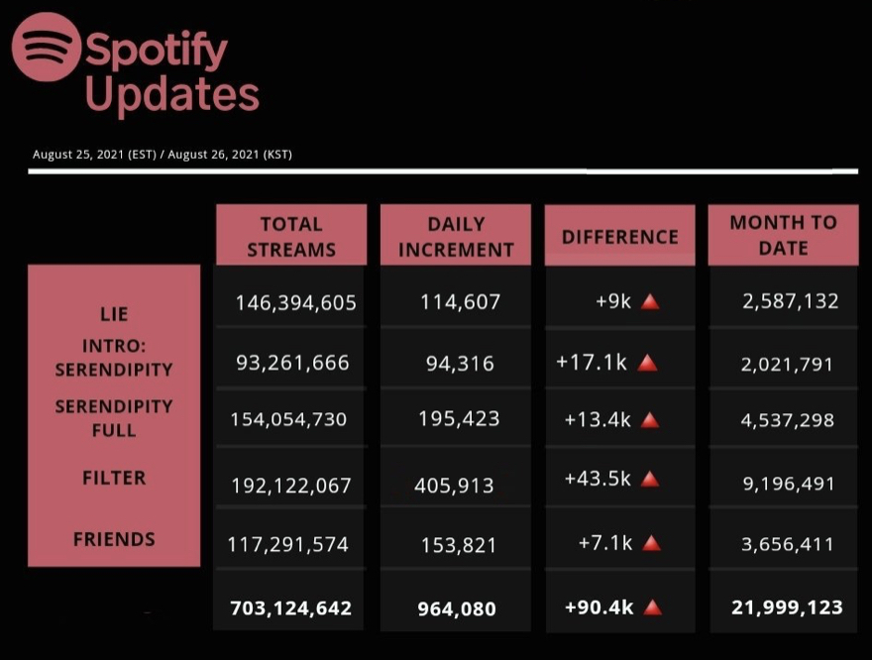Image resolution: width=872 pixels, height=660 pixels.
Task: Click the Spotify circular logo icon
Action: (x=46, y=47)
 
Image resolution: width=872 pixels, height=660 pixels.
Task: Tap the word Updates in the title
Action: (x=171, y=95)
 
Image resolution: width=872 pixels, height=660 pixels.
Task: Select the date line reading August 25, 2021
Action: (x=162, y=155)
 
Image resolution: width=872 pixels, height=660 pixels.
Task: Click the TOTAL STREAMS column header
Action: (x=291, y=237)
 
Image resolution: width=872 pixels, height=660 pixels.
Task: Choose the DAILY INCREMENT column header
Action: (x=456, y=237)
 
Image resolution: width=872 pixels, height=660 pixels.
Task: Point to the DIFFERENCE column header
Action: (x=620, y=237)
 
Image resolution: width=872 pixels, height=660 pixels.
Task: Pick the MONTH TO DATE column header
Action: (x=783, y=235)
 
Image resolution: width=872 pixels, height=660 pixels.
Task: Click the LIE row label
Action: (x=114, y=315)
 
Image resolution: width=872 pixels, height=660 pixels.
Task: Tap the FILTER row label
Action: (x=114, y=478)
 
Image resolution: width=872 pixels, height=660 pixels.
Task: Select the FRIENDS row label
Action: (x=114, y=540)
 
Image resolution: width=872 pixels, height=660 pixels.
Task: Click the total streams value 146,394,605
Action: (x=295, y=302)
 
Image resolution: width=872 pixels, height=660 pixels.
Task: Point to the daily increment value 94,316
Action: (x=460, y=363)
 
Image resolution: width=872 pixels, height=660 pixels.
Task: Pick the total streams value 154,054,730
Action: (x=288, y=419)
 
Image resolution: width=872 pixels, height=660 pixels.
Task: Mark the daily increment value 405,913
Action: (x=454, y=486)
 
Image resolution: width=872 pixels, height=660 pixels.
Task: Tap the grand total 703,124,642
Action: (x=290, y=607)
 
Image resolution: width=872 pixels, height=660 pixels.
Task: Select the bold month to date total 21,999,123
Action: (x=787, y=606)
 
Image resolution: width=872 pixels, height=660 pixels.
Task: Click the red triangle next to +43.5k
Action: (x=650, y=480)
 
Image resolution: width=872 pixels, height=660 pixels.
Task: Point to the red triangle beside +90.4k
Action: (x=652, y=607)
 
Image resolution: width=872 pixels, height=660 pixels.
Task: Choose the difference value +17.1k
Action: (x=592, y=362)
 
